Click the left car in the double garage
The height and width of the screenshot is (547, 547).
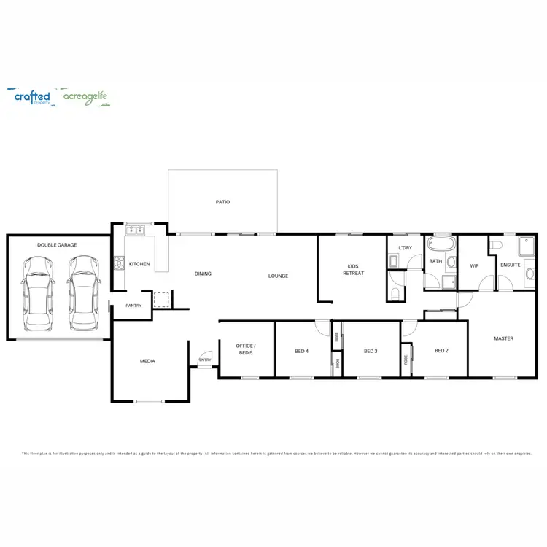[x=36, y=292]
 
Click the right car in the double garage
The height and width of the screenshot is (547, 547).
[x=82, y=292]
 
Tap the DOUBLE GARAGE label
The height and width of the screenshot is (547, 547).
[x=57, y=245]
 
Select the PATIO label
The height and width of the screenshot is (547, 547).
[x=222, y=202]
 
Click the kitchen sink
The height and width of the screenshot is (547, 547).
[x=135, y=231]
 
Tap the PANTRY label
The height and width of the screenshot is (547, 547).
[x=133, y=306]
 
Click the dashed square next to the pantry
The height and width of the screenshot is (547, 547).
[x=160, y=299]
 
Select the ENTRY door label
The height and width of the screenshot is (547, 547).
[x=205, y=360]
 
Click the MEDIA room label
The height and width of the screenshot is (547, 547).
[x=147, y=361]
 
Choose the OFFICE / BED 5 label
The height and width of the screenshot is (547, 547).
[x=246, y=348]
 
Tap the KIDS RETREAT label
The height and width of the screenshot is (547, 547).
[x=353, y=270]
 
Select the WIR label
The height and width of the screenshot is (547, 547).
[x=474, y=265]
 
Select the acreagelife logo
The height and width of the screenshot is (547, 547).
[x=86, y=97]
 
